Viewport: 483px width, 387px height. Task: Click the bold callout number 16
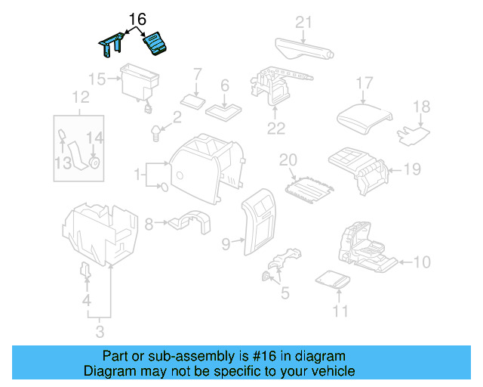pyautogui.click(x=137, y=18)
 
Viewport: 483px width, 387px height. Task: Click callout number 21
pyautogui.click(x=303, y=21)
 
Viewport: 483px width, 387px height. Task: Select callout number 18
pyautogui.click(x=421, y=107)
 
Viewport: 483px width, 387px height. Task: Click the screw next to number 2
pyautogui.click(x=157, y=133)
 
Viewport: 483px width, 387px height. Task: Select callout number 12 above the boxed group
pyautogui.click(x=80, y=97)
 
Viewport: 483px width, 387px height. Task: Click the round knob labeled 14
pyautogui.click(x=94, y=162)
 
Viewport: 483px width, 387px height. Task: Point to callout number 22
pyautogui.click(x=276, y=128)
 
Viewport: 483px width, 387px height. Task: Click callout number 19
pyautogui.click(x=411, y=169)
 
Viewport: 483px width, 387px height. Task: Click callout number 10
pyautogui.click(x=422, y=262)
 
